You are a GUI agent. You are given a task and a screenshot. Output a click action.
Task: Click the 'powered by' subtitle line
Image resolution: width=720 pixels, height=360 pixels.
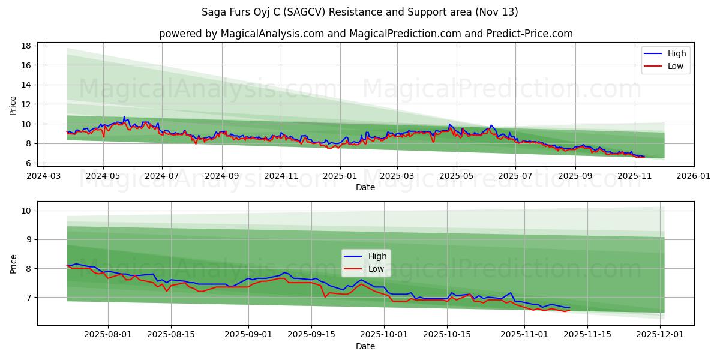pyautogui.click(x=365, y=34)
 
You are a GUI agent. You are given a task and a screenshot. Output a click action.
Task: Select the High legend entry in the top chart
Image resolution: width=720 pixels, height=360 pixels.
pyautogui.click(x=665, y=53)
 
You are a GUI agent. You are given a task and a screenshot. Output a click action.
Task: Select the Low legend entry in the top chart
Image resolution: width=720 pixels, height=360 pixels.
pyautogui.click(x=665, y=66)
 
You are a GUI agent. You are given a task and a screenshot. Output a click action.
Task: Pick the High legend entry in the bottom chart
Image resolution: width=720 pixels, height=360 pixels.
pyautogui.click(x=365, y=256)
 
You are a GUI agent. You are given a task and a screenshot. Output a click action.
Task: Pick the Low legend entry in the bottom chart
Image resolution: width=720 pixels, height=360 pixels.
pyautogui.click(x=365, y=269)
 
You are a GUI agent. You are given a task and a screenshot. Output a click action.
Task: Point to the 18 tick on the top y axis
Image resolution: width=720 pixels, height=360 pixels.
pyautogui.click(x=27, y=46)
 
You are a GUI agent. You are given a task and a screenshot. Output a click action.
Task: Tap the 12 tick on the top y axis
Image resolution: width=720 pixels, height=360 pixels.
pyautogui.click(x=27, y=104)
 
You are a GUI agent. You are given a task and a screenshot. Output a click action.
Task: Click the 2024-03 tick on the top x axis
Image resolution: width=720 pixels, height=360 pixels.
pyautogui.click(x=44, y=176)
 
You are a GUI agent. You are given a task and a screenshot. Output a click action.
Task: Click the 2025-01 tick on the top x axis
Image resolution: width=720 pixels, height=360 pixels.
pyautogui.click(x=340, y=176)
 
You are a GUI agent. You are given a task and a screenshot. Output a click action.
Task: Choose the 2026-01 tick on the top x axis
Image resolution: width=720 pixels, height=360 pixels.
pyautogui.click(x=693, y=176)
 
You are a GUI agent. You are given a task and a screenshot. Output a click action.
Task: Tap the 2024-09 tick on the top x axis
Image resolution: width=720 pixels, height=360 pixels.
pyautogui.click(x=221, y=176)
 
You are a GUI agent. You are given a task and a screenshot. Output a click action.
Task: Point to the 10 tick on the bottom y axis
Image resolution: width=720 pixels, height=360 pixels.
pyautogui.click(x=27, y=211)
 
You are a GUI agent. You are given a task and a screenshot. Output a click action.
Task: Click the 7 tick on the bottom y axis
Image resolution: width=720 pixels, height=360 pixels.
pyautogui.click(x=29, y=298)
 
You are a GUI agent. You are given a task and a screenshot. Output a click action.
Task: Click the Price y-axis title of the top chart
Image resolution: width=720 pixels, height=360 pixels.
pyautogui.click(x=13, y=105)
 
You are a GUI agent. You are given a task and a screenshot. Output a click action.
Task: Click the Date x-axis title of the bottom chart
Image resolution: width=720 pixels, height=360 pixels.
pyautogui.click(x=365, y=347)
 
